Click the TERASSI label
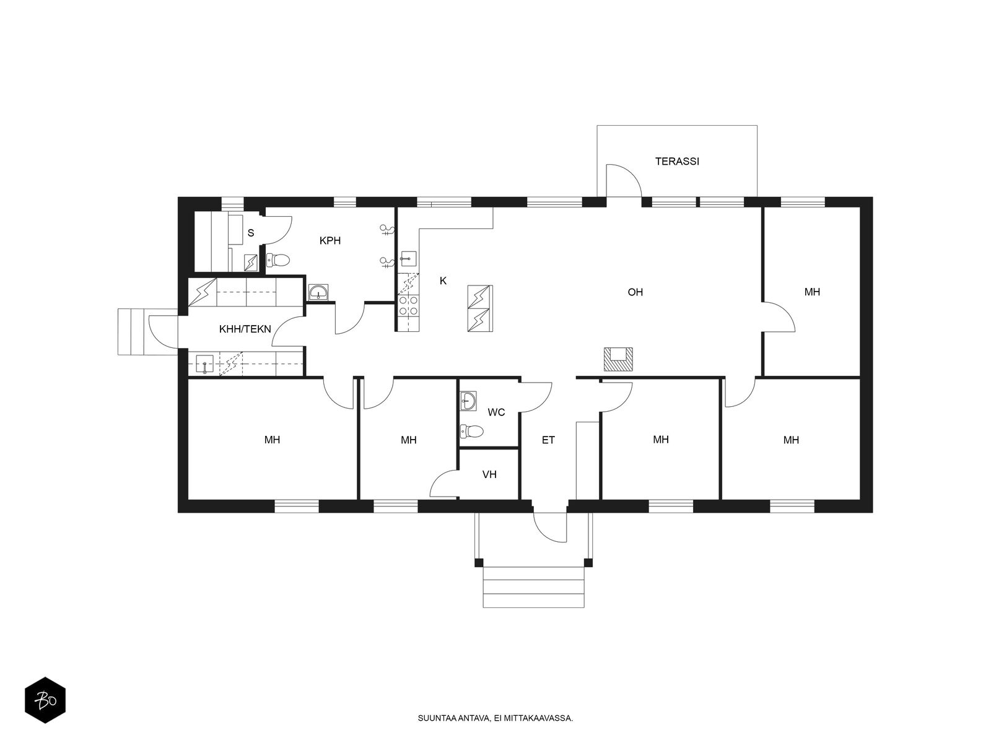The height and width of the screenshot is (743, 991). click(677, 161)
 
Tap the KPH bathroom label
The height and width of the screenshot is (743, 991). click(330, 240)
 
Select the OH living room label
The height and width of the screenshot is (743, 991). click(635, 292)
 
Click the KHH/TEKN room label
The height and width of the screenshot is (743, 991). click(245, 329)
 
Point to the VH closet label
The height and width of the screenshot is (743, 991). click(489, 474)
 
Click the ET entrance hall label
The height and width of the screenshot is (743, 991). click(548, 440)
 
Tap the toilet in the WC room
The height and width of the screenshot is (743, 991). click(471, 431)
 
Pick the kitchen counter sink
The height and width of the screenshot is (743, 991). click(408, 259)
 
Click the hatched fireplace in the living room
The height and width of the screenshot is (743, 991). click(618, 359)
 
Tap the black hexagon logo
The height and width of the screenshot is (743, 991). click(45, 700)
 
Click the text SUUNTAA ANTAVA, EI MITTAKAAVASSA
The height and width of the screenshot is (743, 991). click(495, 718)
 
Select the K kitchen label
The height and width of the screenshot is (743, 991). click(443, 280)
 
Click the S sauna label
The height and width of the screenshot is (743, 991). click(251, 233)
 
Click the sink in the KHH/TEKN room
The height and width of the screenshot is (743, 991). click(204, 364)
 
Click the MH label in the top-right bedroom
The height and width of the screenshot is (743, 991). click(812, 292)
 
